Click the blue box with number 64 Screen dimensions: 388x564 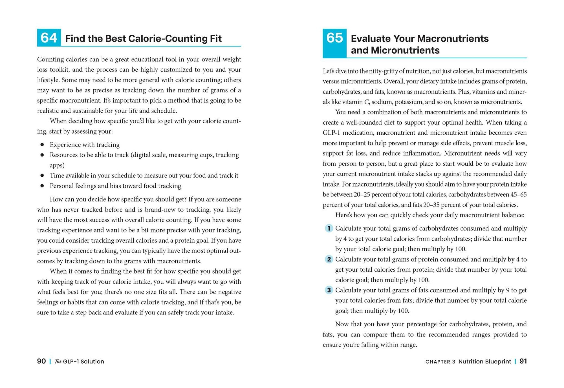click(49, 38)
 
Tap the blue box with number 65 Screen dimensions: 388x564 click(334, 43)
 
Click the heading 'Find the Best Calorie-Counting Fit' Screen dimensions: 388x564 click(143, 39)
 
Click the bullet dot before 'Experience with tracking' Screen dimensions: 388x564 click(42, 145)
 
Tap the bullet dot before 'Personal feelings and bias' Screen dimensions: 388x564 click(42, 186)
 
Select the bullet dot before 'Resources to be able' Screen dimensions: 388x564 click(42, 155)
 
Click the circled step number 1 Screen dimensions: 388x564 click(329, 228)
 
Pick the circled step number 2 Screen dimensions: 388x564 click(329, 259)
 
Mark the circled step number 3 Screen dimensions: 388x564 click(329, 290)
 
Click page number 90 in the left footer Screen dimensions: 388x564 click(41, 361)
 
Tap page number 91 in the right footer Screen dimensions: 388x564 click(523, 361)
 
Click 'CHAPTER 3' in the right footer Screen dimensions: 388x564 click(440, 362)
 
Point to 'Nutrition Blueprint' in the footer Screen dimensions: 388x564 click(484, 362)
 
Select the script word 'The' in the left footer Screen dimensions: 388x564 click(58, 362)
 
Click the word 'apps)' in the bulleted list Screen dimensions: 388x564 click(57, 165)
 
